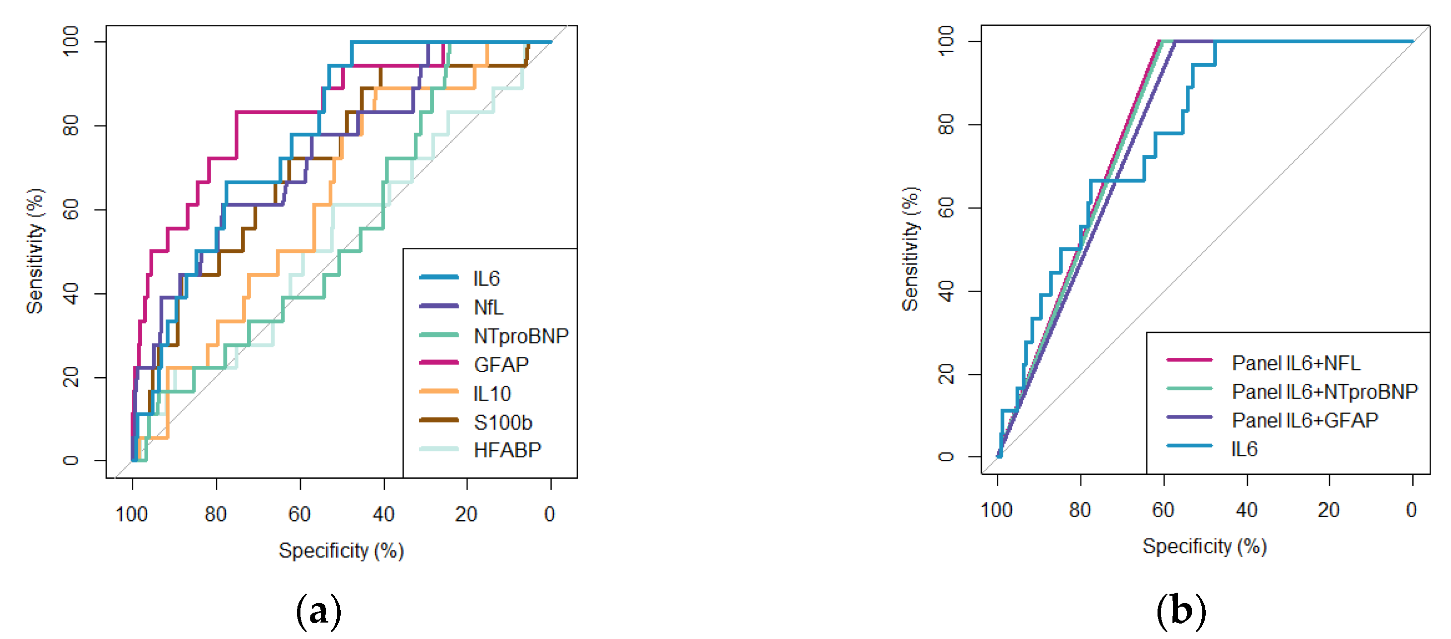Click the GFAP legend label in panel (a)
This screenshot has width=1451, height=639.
tap(501, 365)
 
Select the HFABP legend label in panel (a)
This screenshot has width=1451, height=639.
tap(507, 450)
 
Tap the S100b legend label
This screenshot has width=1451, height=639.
tap(502, 422)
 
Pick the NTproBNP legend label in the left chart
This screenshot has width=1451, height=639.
tap(521, 336)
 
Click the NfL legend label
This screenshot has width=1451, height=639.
tap(488, 307)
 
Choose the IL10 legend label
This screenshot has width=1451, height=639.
tap(492, 393)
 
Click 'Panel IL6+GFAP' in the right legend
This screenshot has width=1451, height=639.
tap(1305, 420)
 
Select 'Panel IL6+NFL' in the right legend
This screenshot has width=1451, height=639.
tap(1295, 363)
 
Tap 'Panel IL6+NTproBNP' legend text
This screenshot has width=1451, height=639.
tap(1324, 391)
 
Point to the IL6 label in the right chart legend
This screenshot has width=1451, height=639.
tap(1244, 448)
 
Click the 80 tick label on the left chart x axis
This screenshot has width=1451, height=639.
tap(215, 514)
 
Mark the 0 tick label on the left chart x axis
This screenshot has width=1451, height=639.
tap(550, 514)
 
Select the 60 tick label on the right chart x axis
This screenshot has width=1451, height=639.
tap(1162, 510)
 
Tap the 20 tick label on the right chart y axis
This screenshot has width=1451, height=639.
tap(946, 374)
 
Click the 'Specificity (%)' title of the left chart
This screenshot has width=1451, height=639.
tap(341, 550)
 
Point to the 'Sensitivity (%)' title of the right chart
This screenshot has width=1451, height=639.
tap(910, 249)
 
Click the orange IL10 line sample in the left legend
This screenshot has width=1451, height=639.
tap(439, 391)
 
